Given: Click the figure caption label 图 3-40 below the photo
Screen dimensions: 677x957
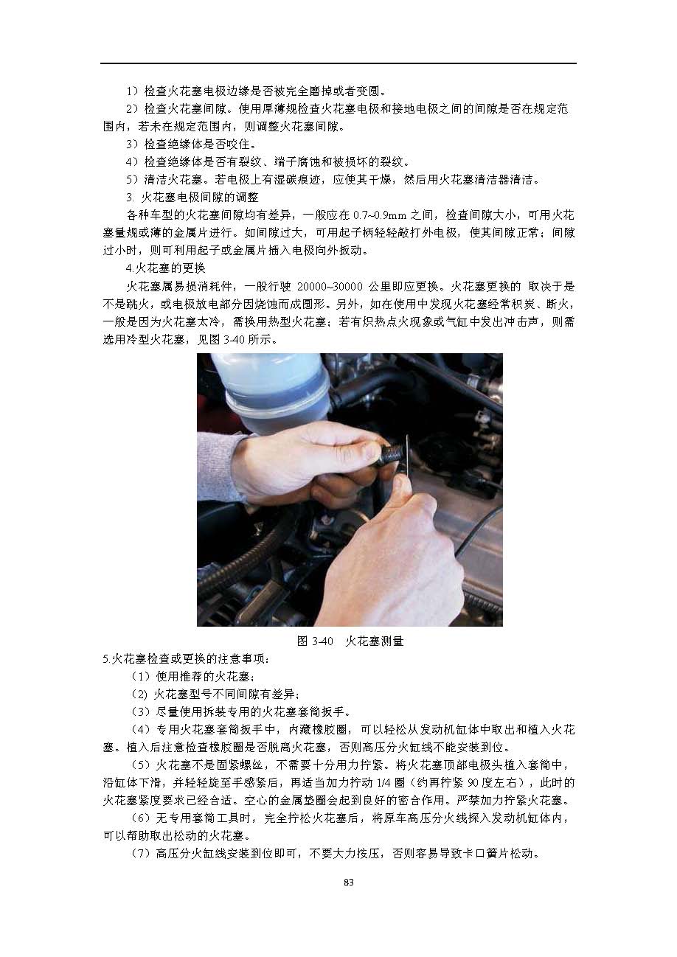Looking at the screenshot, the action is pyautogui.click(x=315, y=641).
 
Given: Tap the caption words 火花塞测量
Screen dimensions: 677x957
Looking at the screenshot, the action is pyautogui.click(x=375, y=641).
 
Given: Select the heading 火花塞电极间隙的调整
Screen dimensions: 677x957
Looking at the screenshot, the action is pyautogui.click(x=200, y=197).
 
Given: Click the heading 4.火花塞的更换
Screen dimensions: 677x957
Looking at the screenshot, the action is pyautogui.click(x=165, y=268).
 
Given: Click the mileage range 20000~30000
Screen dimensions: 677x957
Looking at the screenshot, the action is pyautogui.click(x=330, y=286).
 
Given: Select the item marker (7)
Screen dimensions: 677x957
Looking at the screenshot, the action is pyautogui.click(x=141, y=854).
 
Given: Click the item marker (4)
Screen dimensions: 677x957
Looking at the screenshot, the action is pyautogui.click(x=141, y=730).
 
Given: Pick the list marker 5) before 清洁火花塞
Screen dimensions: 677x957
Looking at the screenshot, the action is pyautogui.click(x=133, y=179).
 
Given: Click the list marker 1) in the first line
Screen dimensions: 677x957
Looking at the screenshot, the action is pyautogui.click(x=133, y=91).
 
